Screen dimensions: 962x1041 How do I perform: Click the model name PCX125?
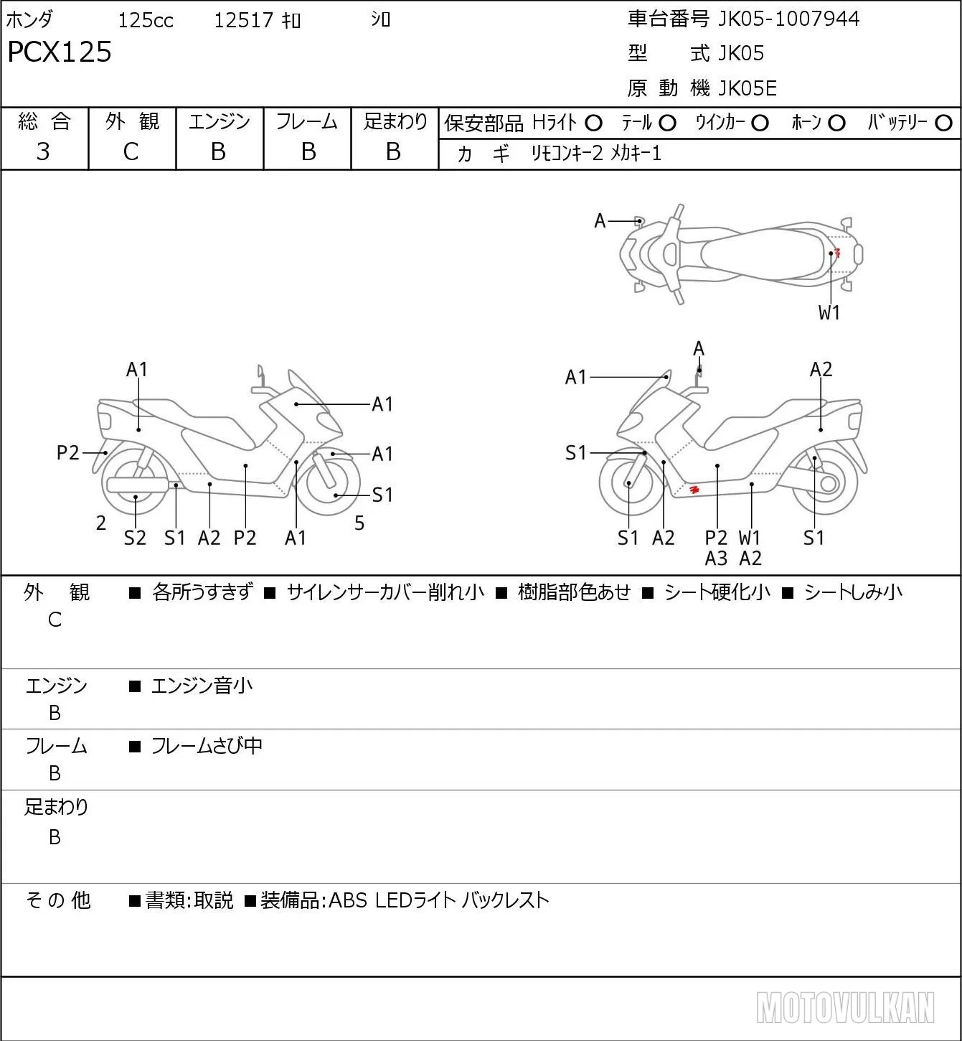click(x=60, y=52)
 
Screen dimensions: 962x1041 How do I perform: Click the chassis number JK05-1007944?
click(x=788, y=19)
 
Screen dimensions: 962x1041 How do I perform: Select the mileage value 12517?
click(x=243, y=20)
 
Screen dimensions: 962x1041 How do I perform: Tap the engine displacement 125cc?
click(x=145, y=20)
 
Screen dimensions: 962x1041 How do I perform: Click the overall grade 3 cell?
click(x=43, y=151)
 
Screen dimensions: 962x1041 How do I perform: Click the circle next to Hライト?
click(x=593, y=123)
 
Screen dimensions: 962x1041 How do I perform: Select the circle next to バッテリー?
click(x=943, y=123)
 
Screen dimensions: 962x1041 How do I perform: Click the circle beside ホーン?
click(x=836, y=123)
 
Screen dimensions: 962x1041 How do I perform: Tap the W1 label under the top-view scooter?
click(x=829, y=313)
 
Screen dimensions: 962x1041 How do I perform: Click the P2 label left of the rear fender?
click(x=67, y=452)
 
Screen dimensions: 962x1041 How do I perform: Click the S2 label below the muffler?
click(x=135, y=538)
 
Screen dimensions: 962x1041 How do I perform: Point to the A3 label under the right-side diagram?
click(x=716, y=559)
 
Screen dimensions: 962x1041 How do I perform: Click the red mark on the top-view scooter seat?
click(x=836, y=253)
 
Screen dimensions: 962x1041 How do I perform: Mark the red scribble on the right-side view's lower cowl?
click(x=694, y=490)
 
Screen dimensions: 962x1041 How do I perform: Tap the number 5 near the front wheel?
click(x=359, y=523)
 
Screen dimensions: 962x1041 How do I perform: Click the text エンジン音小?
click(x=202, y=686)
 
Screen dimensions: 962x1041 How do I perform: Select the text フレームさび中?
click(x=207, y=746)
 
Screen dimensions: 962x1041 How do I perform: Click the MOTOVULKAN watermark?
click(x=845, y=1008)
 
